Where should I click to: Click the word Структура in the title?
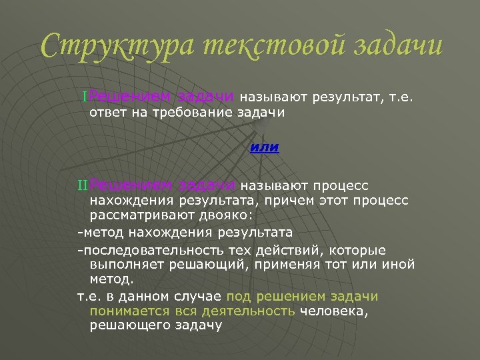tap(114, 45)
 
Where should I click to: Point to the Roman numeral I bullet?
tap(85, 97)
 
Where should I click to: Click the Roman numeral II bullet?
tap(83, 185)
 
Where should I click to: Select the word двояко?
tap(223, 216)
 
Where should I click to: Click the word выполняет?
tap(123, 265)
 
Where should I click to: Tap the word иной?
tap(399, 265)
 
